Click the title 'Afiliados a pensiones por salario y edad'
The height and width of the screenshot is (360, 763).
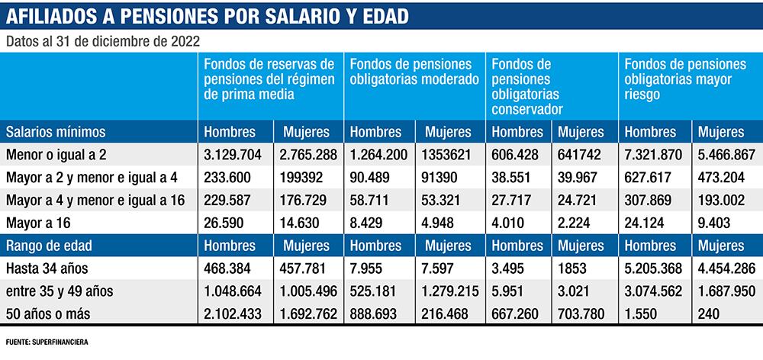[x=206, y=15]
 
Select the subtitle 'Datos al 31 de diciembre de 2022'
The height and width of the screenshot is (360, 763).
[x=103, y=41]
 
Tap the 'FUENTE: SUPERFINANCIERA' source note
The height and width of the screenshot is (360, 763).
[x=47, y=342]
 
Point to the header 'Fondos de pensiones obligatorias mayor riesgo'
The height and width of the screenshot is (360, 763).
[x=685, y=79]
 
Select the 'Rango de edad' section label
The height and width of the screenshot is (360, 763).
[x=50, y=246]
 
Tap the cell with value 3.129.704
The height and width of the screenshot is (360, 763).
[x=233, y=155]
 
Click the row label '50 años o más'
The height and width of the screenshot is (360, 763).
[x=43, y=313]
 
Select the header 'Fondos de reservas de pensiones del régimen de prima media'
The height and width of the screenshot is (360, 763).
[x=269, y=79]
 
